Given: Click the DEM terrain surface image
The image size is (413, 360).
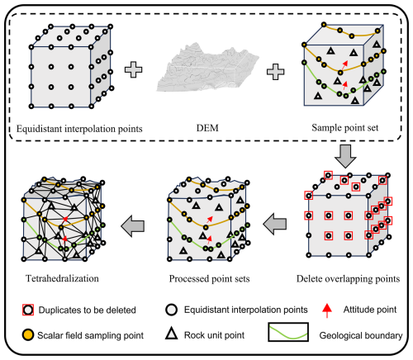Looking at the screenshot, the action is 208,68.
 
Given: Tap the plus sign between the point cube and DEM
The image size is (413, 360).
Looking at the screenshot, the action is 134,69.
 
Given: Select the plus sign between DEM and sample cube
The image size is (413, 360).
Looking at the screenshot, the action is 276,72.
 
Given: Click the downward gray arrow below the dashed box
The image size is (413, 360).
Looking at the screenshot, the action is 345,156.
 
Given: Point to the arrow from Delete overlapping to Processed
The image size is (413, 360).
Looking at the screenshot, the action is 275,224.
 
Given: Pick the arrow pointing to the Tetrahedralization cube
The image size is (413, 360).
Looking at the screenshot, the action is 133,226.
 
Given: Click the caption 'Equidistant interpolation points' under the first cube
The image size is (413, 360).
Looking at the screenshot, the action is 79,129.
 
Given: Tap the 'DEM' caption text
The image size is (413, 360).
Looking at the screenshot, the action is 207,128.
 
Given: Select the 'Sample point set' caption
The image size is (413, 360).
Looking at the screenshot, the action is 345,128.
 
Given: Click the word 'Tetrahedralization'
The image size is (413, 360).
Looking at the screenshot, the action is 62,278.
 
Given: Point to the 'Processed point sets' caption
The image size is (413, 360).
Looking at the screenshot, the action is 209,279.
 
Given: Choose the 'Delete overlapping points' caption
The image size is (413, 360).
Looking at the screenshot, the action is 348,279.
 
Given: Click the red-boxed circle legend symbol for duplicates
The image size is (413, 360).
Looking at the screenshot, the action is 28,310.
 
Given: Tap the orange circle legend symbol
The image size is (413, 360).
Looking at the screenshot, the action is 28,335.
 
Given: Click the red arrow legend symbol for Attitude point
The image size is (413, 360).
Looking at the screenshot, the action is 327,310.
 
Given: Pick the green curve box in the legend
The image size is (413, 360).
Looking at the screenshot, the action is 288,332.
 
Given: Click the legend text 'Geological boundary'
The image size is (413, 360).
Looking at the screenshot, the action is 361,335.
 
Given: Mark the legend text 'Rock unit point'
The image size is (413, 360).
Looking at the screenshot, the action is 214,335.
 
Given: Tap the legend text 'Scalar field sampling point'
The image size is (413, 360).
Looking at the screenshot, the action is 90,335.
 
